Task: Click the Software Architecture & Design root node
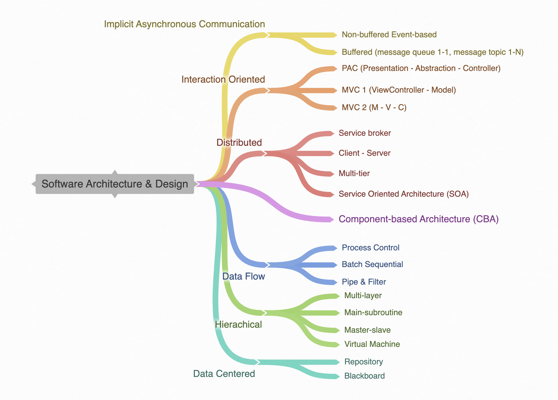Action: [115, 184]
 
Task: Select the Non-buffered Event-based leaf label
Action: [389, 35]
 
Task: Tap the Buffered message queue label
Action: [432, 52]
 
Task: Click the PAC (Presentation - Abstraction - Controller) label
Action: [421, 68]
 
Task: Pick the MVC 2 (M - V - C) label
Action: [374, 108]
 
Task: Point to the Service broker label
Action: [364, 133]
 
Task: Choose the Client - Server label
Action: [364, 153]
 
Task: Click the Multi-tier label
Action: [354, 174]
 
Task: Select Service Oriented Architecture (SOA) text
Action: [403, 194]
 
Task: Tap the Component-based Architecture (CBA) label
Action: [418, 219]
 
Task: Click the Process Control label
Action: [370, 248]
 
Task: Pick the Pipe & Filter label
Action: [364, 282]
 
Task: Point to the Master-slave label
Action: [367, 330]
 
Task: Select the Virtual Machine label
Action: [372, 344]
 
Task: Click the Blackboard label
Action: [364, 376]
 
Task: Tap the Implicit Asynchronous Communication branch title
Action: [184, 24]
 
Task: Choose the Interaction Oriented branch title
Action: [223, 80]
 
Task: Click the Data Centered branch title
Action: [224, 374]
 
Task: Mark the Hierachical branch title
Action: [238, 325]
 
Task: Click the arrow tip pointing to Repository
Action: [338, 362]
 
